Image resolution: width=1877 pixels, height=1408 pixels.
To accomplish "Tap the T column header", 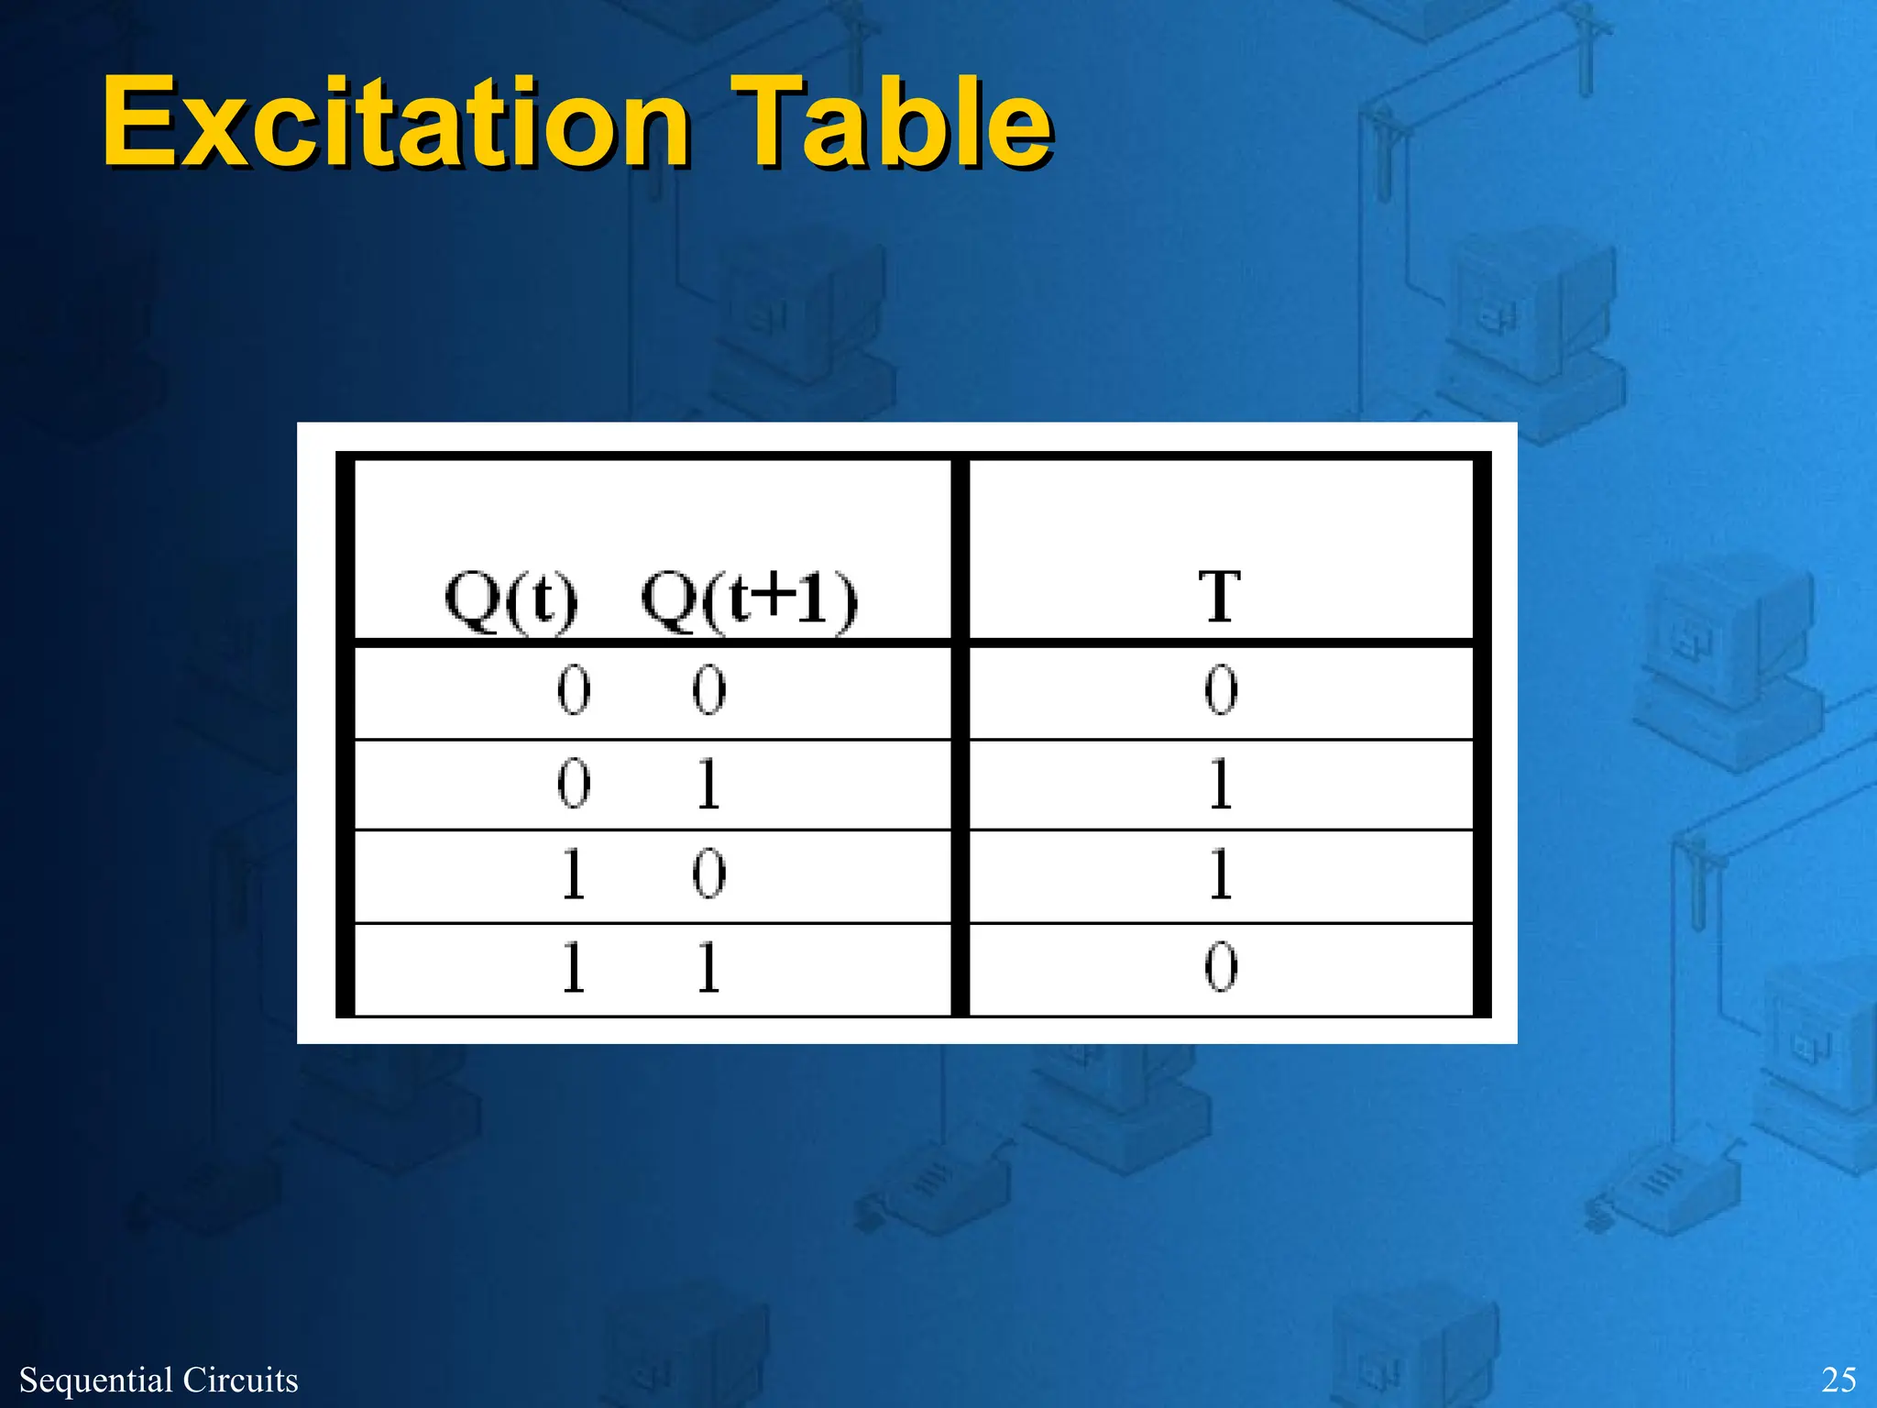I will (1220, 598).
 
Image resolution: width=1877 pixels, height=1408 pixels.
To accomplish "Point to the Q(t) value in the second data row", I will (574, 784).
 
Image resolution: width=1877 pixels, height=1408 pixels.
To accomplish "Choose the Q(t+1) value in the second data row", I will (708, 784).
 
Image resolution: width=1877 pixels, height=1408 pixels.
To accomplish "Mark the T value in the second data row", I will (1221, 784).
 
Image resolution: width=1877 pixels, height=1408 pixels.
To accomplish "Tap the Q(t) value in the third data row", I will (574, 874).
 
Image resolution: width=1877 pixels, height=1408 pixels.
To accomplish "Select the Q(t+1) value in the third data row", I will (708, 874).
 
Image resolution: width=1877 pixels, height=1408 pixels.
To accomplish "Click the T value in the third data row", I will (1221, 874).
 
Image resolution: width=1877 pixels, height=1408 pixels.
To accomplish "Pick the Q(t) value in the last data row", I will (574, 967).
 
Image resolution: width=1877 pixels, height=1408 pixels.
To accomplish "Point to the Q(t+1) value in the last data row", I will (708, 967).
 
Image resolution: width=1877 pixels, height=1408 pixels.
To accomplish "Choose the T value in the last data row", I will (1221, 967).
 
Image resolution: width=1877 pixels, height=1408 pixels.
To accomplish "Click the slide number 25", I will (1839, 1380).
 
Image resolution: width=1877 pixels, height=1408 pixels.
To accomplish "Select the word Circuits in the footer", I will (241, 1380).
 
